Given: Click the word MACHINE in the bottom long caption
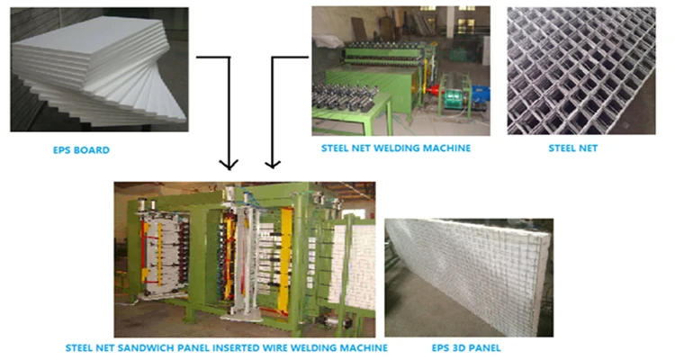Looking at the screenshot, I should (x=364, y=346).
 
